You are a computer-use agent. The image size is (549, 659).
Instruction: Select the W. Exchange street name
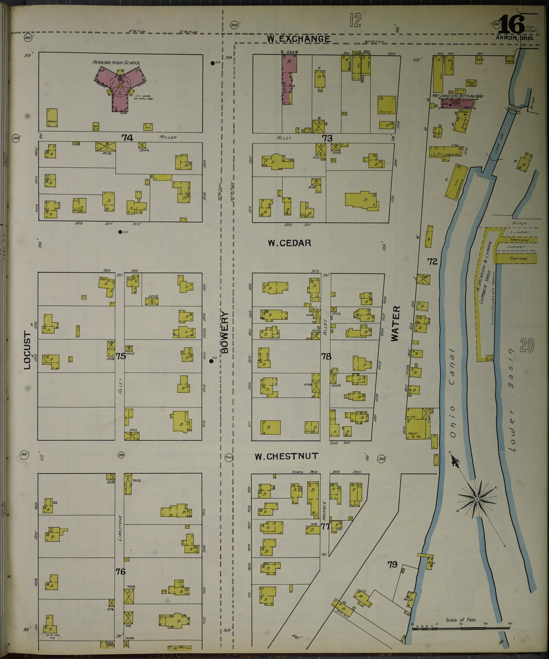(298, 39)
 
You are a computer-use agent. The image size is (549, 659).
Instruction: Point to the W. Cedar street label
(289, 243)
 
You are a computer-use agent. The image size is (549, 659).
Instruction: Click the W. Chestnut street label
(286, 456)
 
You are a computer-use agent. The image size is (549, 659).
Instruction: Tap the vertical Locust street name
(27, 350)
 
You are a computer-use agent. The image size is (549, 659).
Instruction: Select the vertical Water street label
(395, 323)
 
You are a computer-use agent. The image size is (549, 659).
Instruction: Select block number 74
(127, 138)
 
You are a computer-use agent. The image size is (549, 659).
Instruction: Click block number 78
(326, 356)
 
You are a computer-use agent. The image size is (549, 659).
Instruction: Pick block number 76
(120, 571)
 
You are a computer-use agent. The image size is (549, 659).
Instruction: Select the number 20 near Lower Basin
(527, 345)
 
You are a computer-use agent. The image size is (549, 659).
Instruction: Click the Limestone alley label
(120, 528)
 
